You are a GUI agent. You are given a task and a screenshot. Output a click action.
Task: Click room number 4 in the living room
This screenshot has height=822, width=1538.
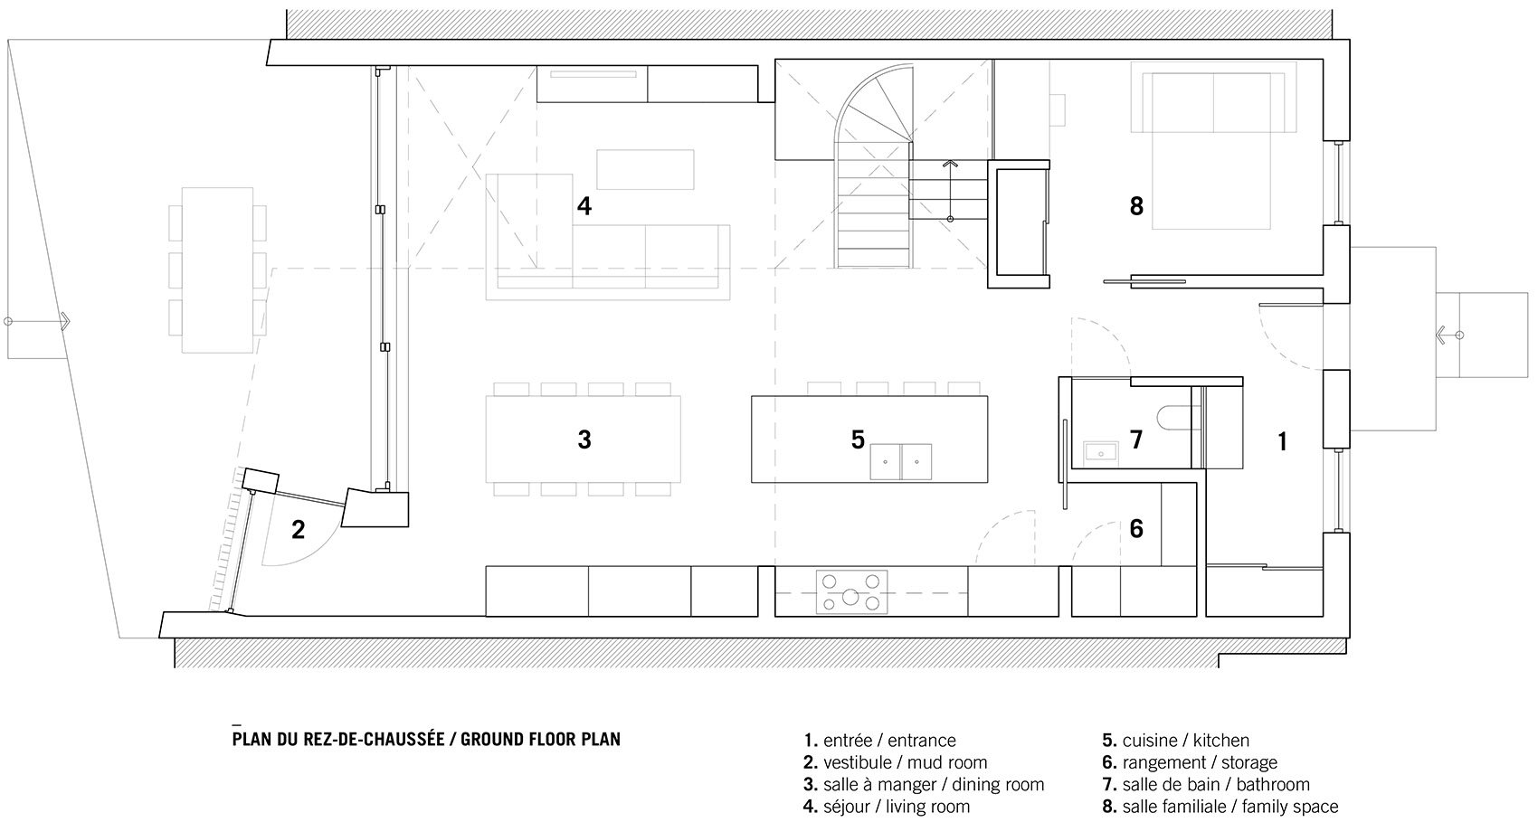[x=584, y=206]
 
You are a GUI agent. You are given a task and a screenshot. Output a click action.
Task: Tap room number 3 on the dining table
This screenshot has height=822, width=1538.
[x=584, y=439]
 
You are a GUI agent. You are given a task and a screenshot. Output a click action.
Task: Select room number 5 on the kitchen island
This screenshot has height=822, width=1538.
[x=858, y=439]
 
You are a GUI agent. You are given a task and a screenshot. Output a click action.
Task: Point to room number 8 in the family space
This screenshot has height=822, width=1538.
[x=1136, y=206]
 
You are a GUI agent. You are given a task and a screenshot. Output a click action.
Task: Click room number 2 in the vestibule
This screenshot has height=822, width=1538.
[x=298, y=530]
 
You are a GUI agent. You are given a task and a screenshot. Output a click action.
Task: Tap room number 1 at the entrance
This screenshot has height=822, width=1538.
[x=1282, y=442]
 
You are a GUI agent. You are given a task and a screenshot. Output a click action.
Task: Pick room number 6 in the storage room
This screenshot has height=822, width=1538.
[x=1136, y=529]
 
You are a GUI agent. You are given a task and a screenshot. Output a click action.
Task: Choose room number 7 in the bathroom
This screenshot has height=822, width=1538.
[x=1136, y=439]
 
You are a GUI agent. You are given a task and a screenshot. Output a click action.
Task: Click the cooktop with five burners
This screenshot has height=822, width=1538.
[x=851, y=591]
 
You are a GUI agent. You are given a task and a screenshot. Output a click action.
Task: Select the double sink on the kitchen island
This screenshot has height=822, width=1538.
[x=901, y=462]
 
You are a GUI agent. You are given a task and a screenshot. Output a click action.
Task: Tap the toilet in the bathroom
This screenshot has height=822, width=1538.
[x=1174, y=418]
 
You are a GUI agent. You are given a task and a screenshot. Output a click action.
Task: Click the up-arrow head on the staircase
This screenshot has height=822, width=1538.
[x=950, y=164]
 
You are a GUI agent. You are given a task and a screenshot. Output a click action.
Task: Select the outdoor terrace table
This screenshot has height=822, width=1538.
[x=217, y=270]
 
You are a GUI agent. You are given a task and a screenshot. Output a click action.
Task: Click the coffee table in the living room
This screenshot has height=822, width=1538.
[x=645, y=169]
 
